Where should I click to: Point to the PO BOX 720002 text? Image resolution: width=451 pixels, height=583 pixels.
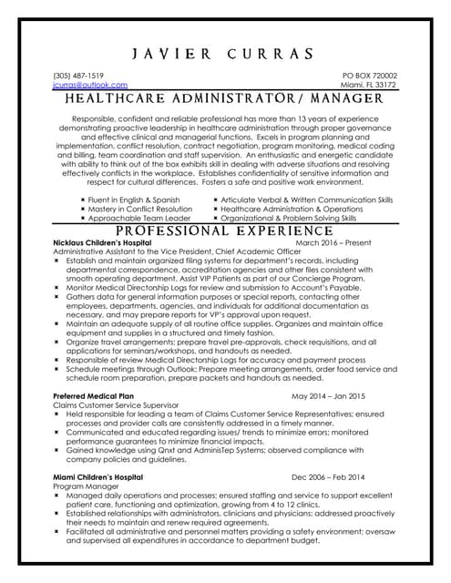click(x=369, y=75)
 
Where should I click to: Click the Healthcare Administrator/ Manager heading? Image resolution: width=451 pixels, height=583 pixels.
click(x=225, y=98)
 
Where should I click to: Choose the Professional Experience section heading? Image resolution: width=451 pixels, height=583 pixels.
click(x=225, y=231)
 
